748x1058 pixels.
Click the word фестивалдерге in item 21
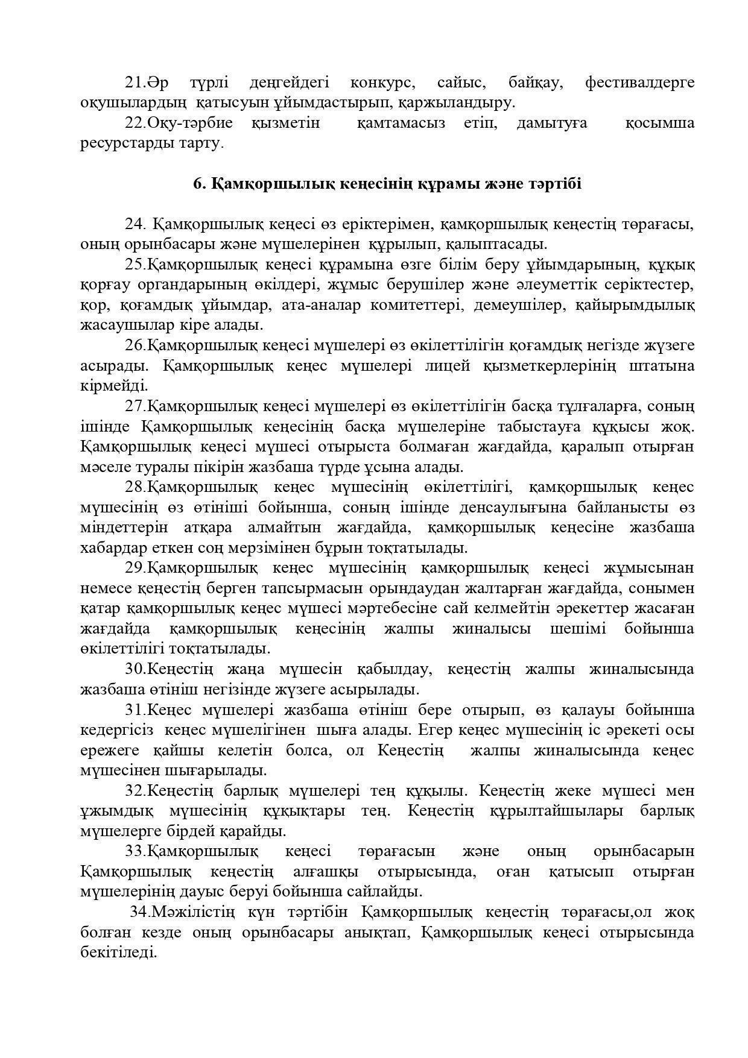(x=640, y=83)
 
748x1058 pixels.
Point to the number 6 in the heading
(x=197, y=183)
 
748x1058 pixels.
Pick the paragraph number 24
(x=135, y=224)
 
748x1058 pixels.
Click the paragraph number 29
(x=135, y=568)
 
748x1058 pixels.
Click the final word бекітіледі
(x=118, y=953)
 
